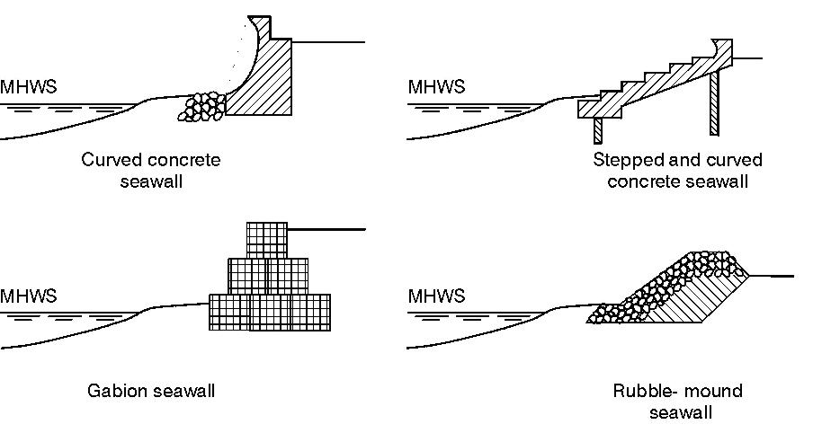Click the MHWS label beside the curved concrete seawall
tap(29, 87)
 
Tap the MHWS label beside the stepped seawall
tap(437, 87)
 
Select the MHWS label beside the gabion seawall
tap(29, 296)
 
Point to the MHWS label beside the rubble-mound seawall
tap(437, 296)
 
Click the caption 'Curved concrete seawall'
tap(151, 171)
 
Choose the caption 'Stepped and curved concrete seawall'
tap(677, 171)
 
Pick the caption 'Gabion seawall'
tap(151, 391)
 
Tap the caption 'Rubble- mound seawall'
tap(677, 402)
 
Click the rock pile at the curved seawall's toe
tap(204, 106)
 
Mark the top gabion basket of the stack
tap(267, 239)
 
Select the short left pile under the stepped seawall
tap(597, 131)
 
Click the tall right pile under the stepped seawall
tap(714, 102)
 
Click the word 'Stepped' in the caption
tap(623, 160)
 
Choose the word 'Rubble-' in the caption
tap(641, 391)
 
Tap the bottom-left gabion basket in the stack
tap(228, 312)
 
